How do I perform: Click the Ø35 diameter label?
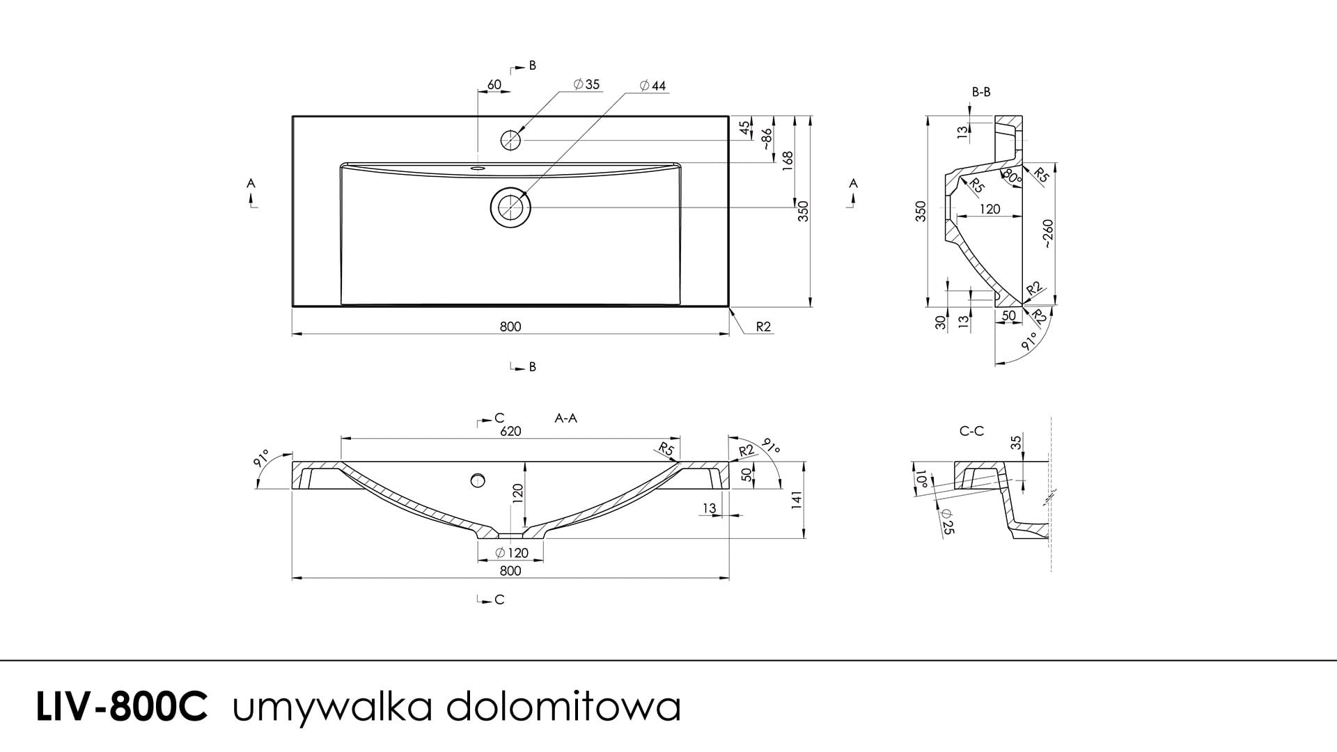(586, 85)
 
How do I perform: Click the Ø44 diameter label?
(652, 86)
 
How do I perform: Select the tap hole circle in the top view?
(511, 140)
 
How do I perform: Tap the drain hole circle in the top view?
(511, 207)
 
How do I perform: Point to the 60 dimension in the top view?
(494, 85)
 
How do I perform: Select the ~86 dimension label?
(766, 139)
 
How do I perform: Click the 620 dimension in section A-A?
(510, 431)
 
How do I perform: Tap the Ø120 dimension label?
(511, 554)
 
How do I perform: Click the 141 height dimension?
(798, 500)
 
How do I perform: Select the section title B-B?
(981, 92)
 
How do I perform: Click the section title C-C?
(971, 431)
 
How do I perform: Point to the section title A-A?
(565, 418)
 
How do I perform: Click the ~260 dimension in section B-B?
(1048, 234)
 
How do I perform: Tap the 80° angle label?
(1012, 175)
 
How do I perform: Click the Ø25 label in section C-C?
(947, 521)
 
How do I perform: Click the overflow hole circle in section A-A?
(478, 480)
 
